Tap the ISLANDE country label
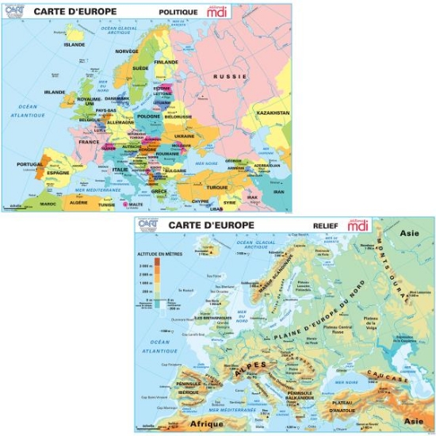point(74,44)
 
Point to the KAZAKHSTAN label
point(273,113)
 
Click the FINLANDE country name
point(166,62)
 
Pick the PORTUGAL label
point(29,164)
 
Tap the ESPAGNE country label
point(59,172)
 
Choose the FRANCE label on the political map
point(89,143)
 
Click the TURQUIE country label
point(216,187)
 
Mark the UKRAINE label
point(183,136)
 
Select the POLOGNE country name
point(149,116)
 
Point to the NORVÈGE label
point(127,51)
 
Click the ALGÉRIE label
point(79,203)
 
